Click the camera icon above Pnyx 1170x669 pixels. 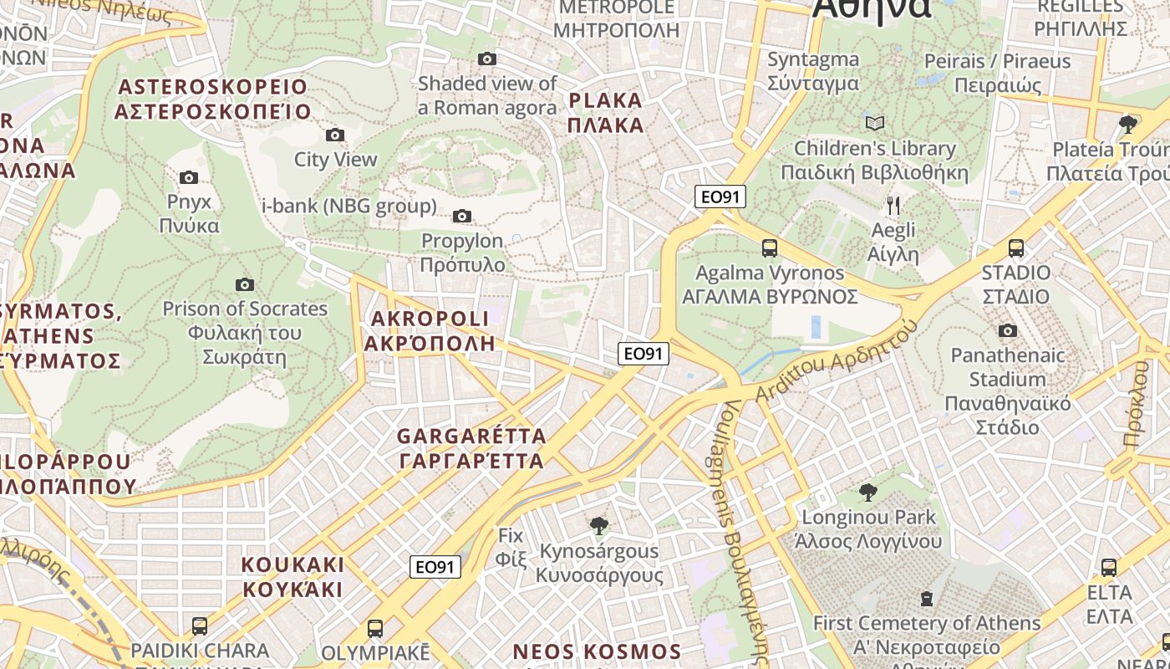(189, 177)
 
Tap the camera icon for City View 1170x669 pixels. (334, 135)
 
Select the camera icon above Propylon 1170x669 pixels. (461, 217)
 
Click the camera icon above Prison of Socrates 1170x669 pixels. (244, 284)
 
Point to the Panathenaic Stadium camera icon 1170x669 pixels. (1007, 330)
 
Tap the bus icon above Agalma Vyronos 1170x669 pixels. (769, 248)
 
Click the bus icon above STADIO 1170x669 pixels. (1015, 248)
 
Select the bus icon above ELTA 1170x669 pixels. (1108, 568)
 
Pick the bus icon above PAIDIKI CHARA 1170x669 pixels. (199, 626)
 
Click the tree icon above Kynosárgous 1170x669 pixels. (598, 526)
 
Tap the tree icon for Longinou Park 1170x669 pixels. (867, 492)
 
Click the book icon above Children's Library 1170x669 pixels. (874, 124)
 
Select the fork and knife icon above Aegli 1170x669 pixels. (893, 205)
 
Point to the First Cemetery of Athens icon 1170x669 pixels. (926, 599)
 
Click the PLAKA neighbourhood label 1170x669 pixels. (606, 113)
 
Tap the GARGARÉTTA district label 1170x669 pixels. (471, 448)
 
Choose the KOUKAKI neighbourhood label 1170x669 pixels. (292, 576)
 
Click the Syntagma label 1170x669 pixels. (812, 71)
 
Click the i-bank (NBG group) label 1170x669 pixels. (349, 206)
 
